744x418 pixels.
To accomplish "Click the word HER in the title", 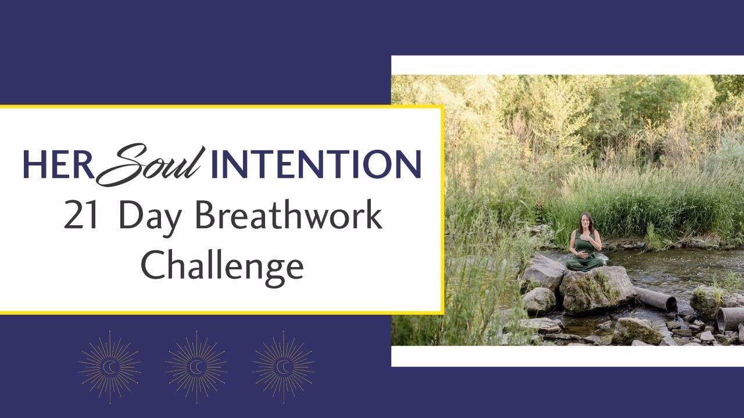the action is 58,164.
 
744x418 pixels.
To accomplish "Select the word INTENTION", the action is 316,164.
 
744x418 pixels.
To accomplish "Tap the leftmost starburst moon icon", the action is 110,366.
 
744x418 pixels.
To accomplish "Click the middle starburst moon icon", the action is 196,366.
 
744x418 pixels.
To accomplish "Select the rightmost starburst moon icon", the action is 283,366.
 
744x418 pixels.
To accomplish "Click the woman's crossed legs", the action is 585,264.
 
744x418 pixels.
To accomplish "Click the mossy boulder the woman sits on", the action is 596,289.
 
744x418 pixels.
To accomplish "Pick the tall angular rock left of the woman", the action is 542,273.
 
